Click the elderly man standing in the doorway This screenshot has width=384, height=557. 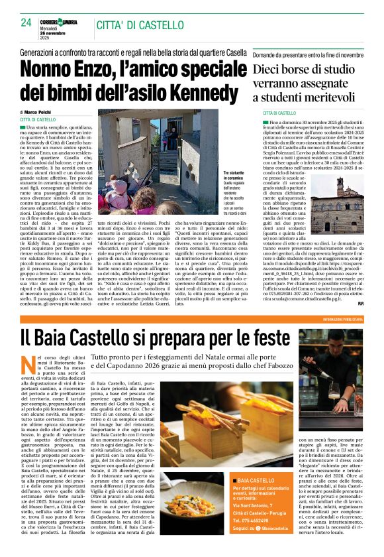171,139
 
